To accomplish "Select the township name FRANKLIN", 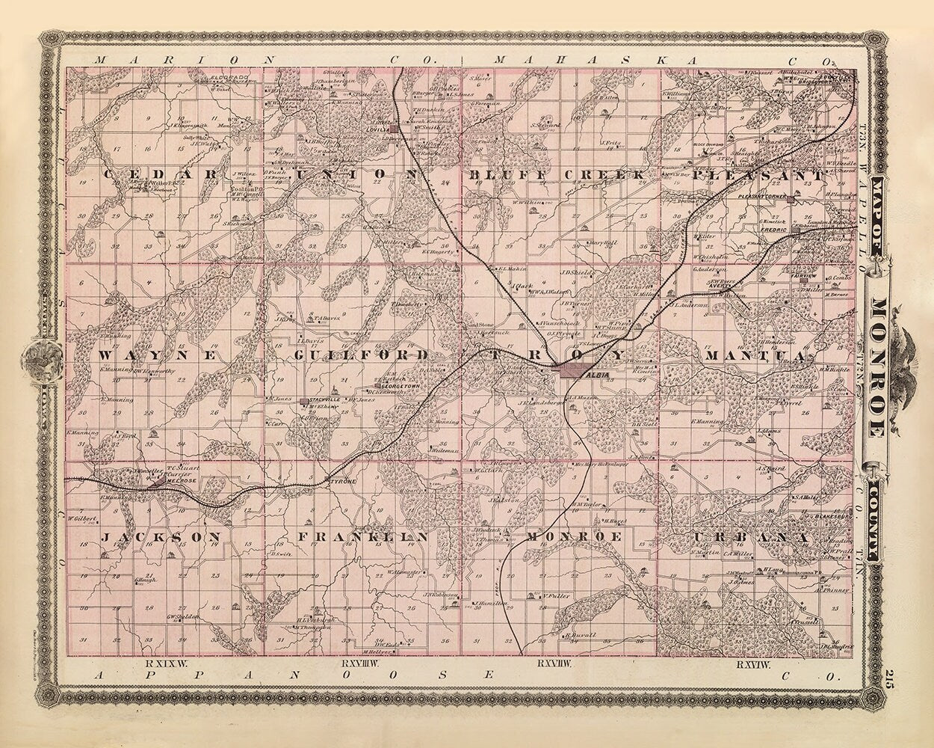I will point(362,537).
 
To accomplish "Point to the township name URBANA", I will point(751,538).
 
